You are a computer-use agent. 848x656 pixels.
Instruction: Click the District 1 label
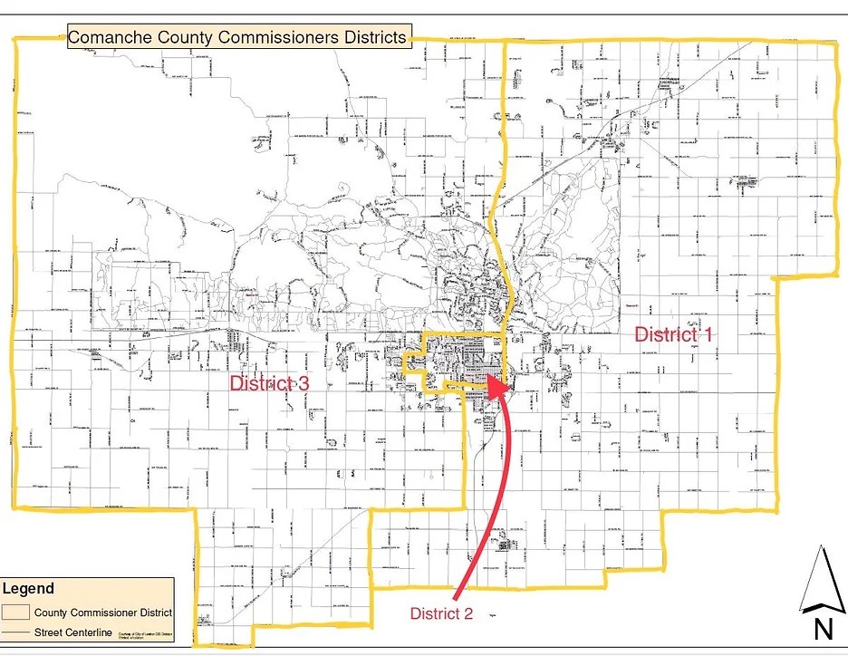(673, 333)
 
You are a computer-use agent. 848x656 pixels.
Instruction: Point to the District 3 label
(269, 383)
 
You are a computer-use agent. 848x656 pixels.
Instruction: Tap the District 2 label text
(441, 613)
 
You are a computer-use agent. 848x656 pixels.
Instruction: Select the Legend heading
(28, 589)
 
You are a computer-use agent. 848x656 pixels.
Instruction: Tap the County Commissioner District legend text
(102, 613)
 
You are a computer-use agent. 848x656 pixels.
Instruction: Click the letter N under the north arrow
(822, 628)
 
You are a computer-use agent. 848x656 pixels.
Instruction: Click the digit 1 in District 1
(708, 333)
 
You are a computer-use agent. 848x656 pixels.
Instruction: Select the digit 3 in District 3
(304, 383)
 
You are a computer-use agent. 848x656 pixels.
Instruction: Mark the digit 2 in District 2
(468, 613)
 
